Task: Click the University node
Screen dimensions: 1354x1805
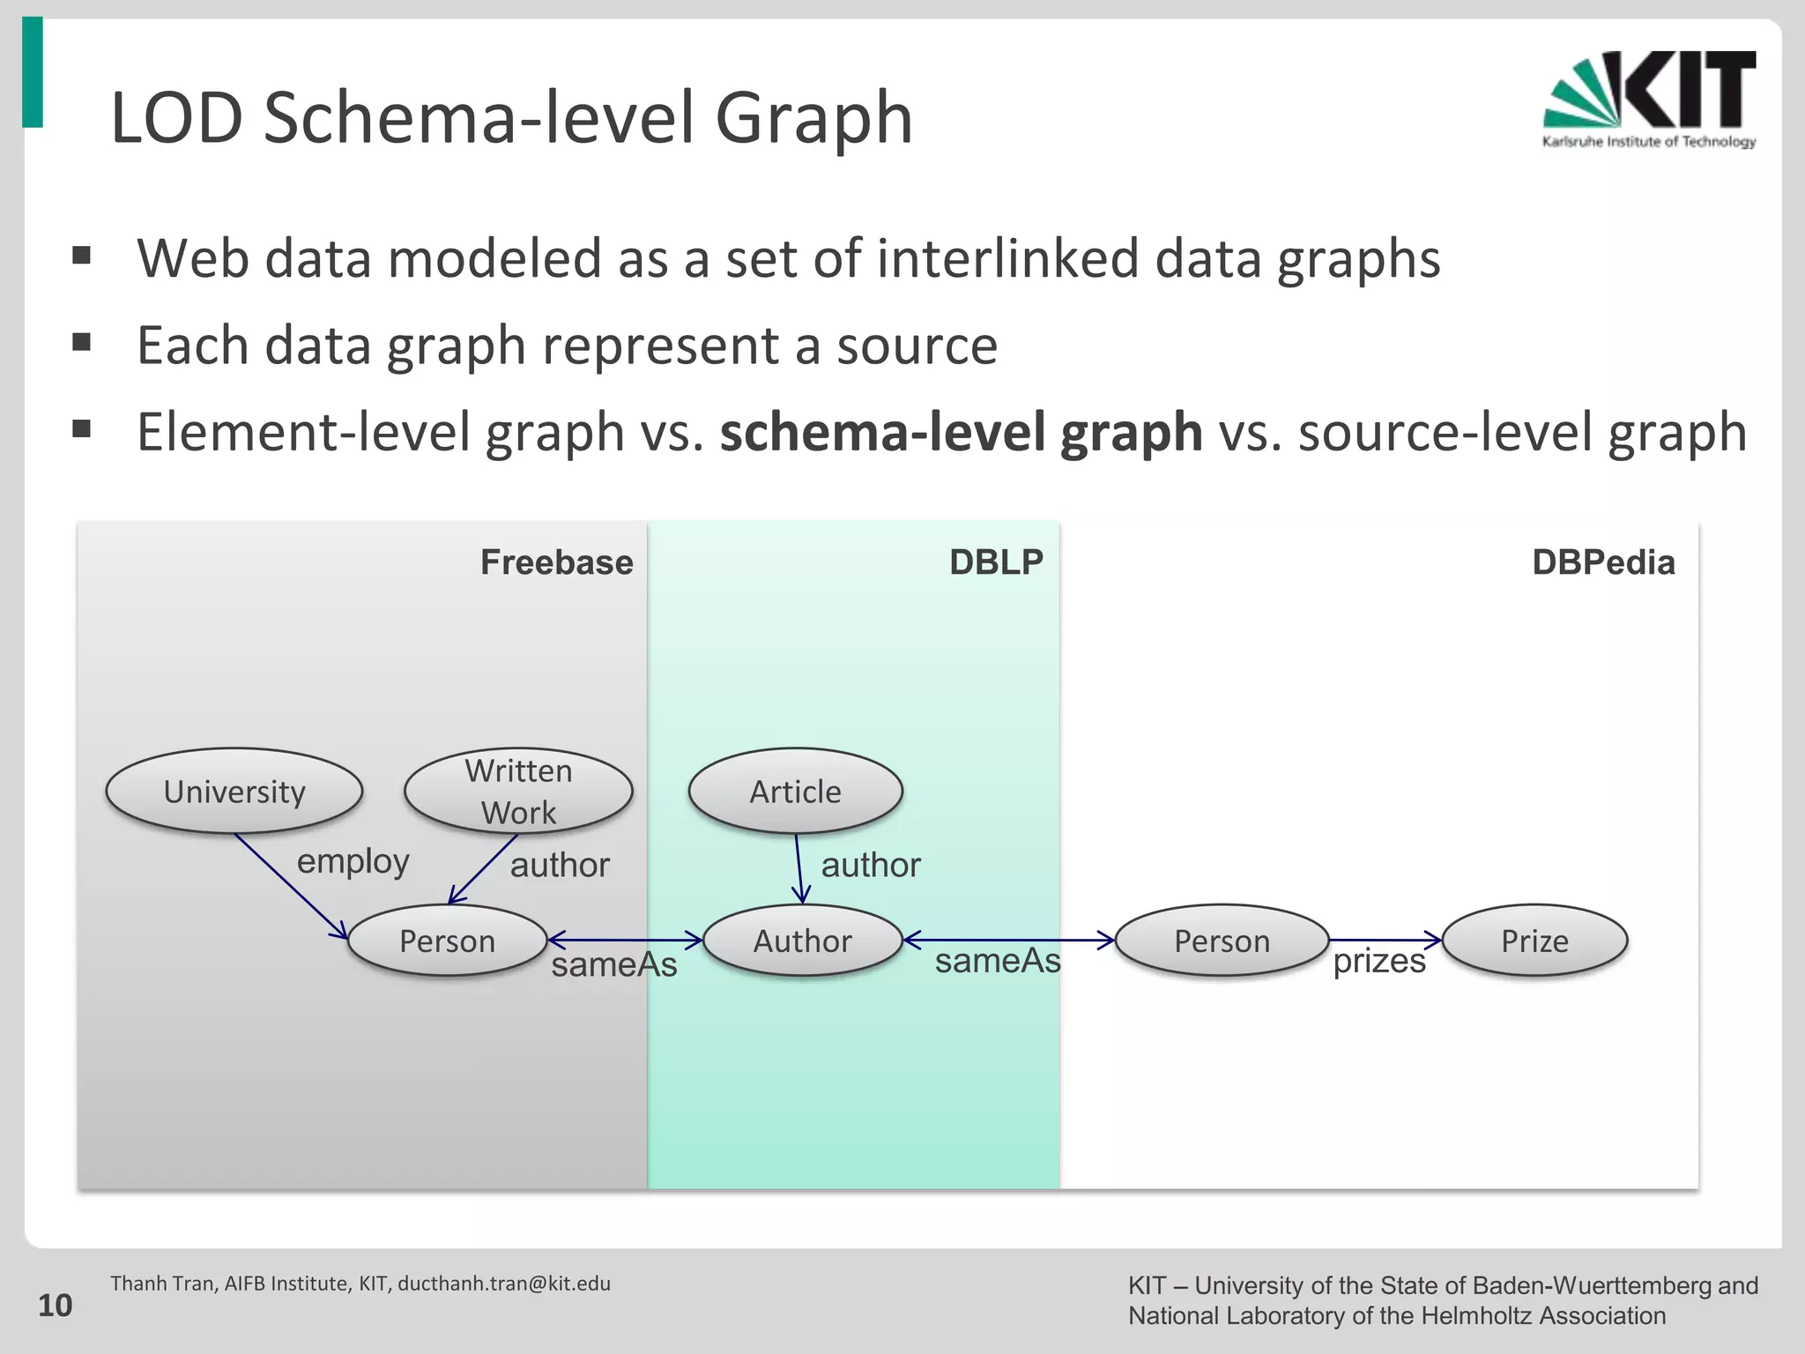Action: coord(234,791)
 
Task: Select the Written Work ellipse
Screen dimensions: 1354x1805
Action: coord(518,791)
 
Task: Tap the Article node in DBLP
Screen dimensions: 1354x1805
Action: coord(795,791)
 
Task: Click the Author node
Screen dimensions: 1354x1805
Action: coord(802,941)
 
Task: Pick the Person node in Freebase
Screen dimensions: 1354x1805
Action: coord(447,941)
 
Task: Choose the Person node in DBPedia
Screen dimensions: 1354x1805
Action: coord(1222,941)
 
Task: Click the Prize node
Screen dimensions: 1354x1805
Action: coord(1534,941)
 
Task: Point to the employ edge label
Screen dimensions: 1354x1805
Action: coord(353,861)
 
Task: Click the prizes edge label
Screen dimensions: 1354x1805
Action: coord(1378,961)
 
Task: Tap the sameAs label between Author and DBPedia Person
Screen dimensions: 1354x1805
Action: coord(998,961)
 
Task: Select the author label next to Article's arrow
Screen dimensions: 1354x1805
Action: coord(871,865)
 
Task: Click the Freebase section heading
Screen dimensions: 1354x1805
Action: coord(556,562)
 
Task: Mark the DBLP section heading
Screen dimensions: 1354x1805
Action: coord(996,562)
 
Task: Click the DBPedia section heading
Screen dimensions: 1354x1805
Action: coord(1602,562)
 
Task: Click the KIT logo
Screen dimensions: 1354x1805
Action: coord(1649,99)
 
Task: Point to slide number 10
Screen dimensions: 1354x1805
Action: coord(55,1306)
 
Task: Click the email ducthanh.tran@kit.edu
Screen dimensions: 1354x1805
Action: coord(504,1283)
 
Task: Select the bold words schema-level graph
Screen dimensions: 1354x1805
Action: coord(961,433)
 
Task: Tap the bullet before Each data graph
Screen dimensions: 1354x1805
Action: coord(82,342)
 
